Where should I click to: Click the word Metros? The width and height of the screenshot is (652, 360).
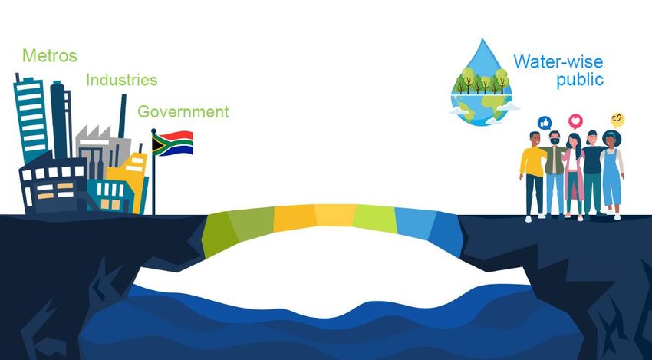click(50, 56)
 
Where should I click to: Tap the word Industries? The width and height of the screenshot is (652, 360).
click(122, 80)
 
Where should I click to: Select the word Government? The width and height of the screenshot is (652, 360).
click(183, 111)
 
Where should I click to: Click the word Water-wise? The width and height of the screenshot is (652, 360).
click(558, 61)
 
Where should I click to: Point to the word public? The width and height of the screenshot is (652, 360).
click(580, 80)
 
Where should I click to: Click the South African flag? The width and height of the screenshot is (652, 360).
click(172, 144)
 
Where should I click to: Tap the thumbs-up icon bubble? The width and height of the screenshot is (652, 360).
click(545, 123)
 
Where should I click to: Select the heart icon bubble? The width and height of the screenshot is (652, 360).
click(575, 121)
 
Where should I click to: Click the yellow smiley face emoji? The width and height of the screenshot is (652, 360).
click(617, 121)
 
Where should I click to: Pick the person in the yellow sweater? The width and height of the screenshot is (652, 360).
click(532, 175)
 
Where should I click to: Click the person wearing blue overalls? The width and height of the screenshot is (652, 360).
click(613, 175)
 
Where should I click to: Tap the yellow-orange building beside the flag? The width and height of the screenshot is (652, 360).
click(129, 179)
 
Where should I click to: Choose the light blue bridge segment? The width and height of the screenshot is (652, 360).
click(415, 223)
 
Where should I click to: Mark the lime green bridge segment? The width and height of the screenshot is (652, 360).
click(374, 219)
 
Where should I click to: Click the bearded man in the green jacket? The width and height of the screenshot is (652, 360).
click(555, 175)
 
